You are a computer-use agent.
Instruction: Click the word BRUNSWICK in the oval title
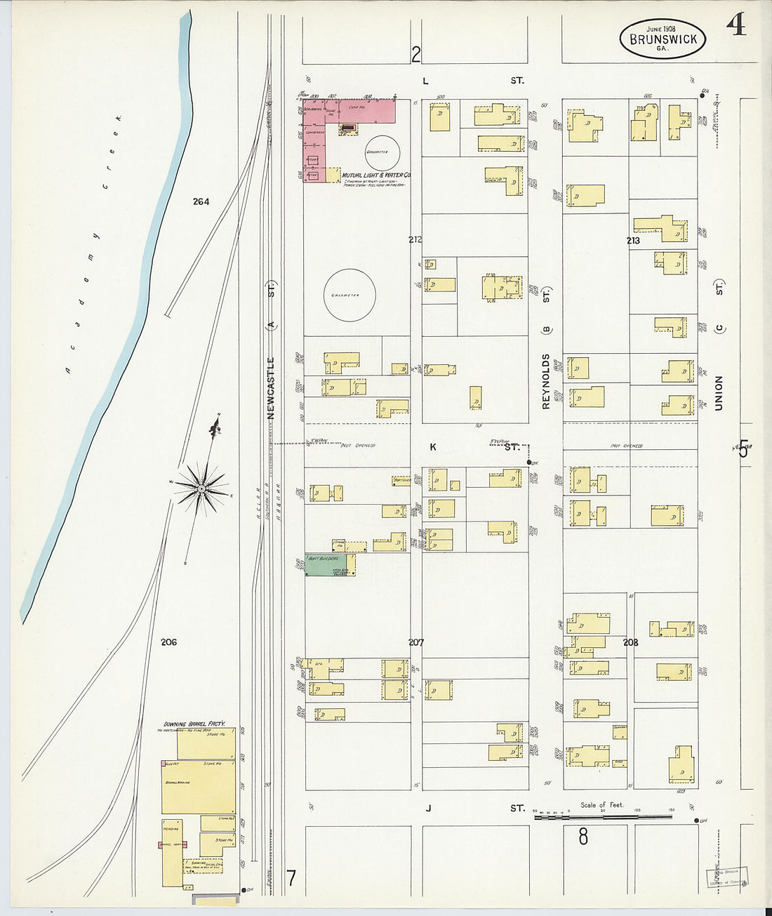pos(663,39)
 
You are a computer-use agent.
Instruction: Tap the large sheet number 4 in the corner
pos(736,25)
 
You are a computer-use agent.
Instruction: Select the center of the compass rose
pos(202,487)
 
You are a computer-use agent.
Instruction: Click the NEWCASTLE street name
pos(271,388)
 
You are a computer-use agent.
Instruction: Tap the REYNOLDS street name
pos(546,381)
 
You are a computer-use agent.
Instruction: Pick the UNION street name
pos(719,392)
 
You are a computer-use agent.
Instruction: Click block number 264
pos(201,202)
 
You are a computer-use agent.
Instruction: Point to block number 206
pos(168,642)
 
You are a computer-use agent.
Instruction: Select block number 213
pos(633,240)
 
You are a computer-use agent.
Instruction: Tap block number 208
pos(630,642)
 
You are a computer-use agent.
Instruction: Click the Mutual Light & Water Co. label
pos(376,175)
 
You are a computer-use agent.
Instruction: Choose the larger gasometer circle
pos(350,295)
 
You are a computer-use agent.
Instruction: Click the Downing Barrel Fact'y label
pos(194,724)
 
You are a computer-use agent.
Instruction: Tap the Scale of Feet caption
pos(601,805)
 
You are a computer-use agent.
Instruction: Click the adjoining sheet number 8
pos(583,836)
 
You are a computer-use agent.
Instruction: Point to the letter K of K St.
pos(433,446)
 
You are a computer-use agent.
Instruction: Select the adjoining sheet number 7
pos(291,877)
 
